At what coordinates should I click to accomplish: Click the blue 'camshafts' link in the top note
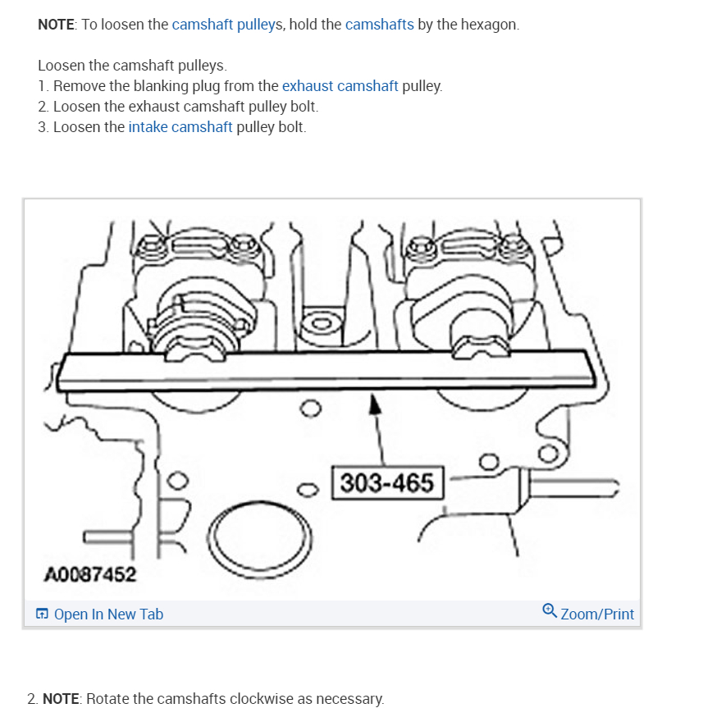[379, 25]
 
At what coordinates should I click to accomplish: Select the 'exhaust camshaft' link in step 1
[340, 86]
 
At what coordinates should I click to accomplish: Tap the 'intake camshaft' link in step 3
[180, 127]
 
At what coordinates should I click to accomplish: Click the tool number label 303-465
[386, 482]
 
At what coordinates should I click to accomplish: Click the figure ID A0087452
[89, 574]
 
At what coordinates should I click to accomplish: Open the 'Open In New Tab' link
[108, 614]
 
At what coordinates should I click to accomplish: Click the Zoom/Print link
[597, 614]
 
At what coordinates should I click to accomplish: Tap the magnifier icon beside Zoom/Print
[550, 611]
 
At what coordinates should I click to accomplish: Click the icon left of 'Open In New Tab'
[42, 614]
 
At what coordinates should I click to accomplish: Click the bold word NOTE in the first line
[56, 25]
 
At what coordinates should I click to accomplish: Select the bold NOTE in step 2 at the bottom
[61, 699]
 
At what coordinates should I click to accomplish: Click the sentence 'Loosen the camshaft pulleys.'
[132, 66]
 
